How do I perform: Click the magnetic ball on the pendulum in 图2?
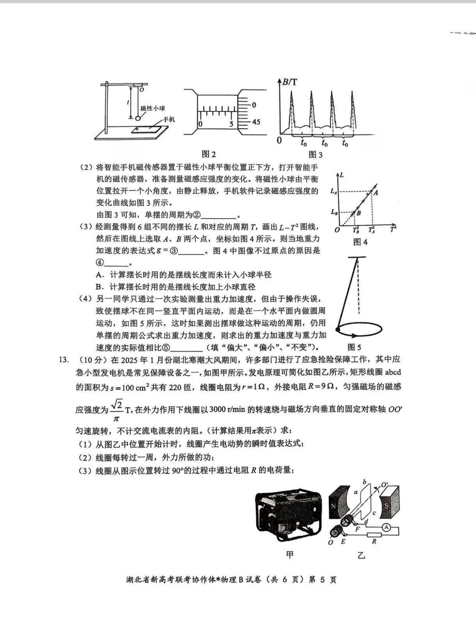click(x=137, y=118)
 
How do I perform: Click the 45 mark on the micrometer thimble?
click(x=256, y=122)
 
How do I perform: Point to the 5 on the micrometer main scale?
click(x=231, y=124)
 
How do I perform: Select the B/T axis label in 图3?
click(x=290, y=82)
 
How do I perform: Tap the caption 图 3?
click(x=315, y=155)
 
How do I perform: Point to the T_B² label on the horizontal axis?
click(x=355, y=230)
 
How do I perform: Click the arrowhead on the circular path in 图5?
click(x=354, y=336)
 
